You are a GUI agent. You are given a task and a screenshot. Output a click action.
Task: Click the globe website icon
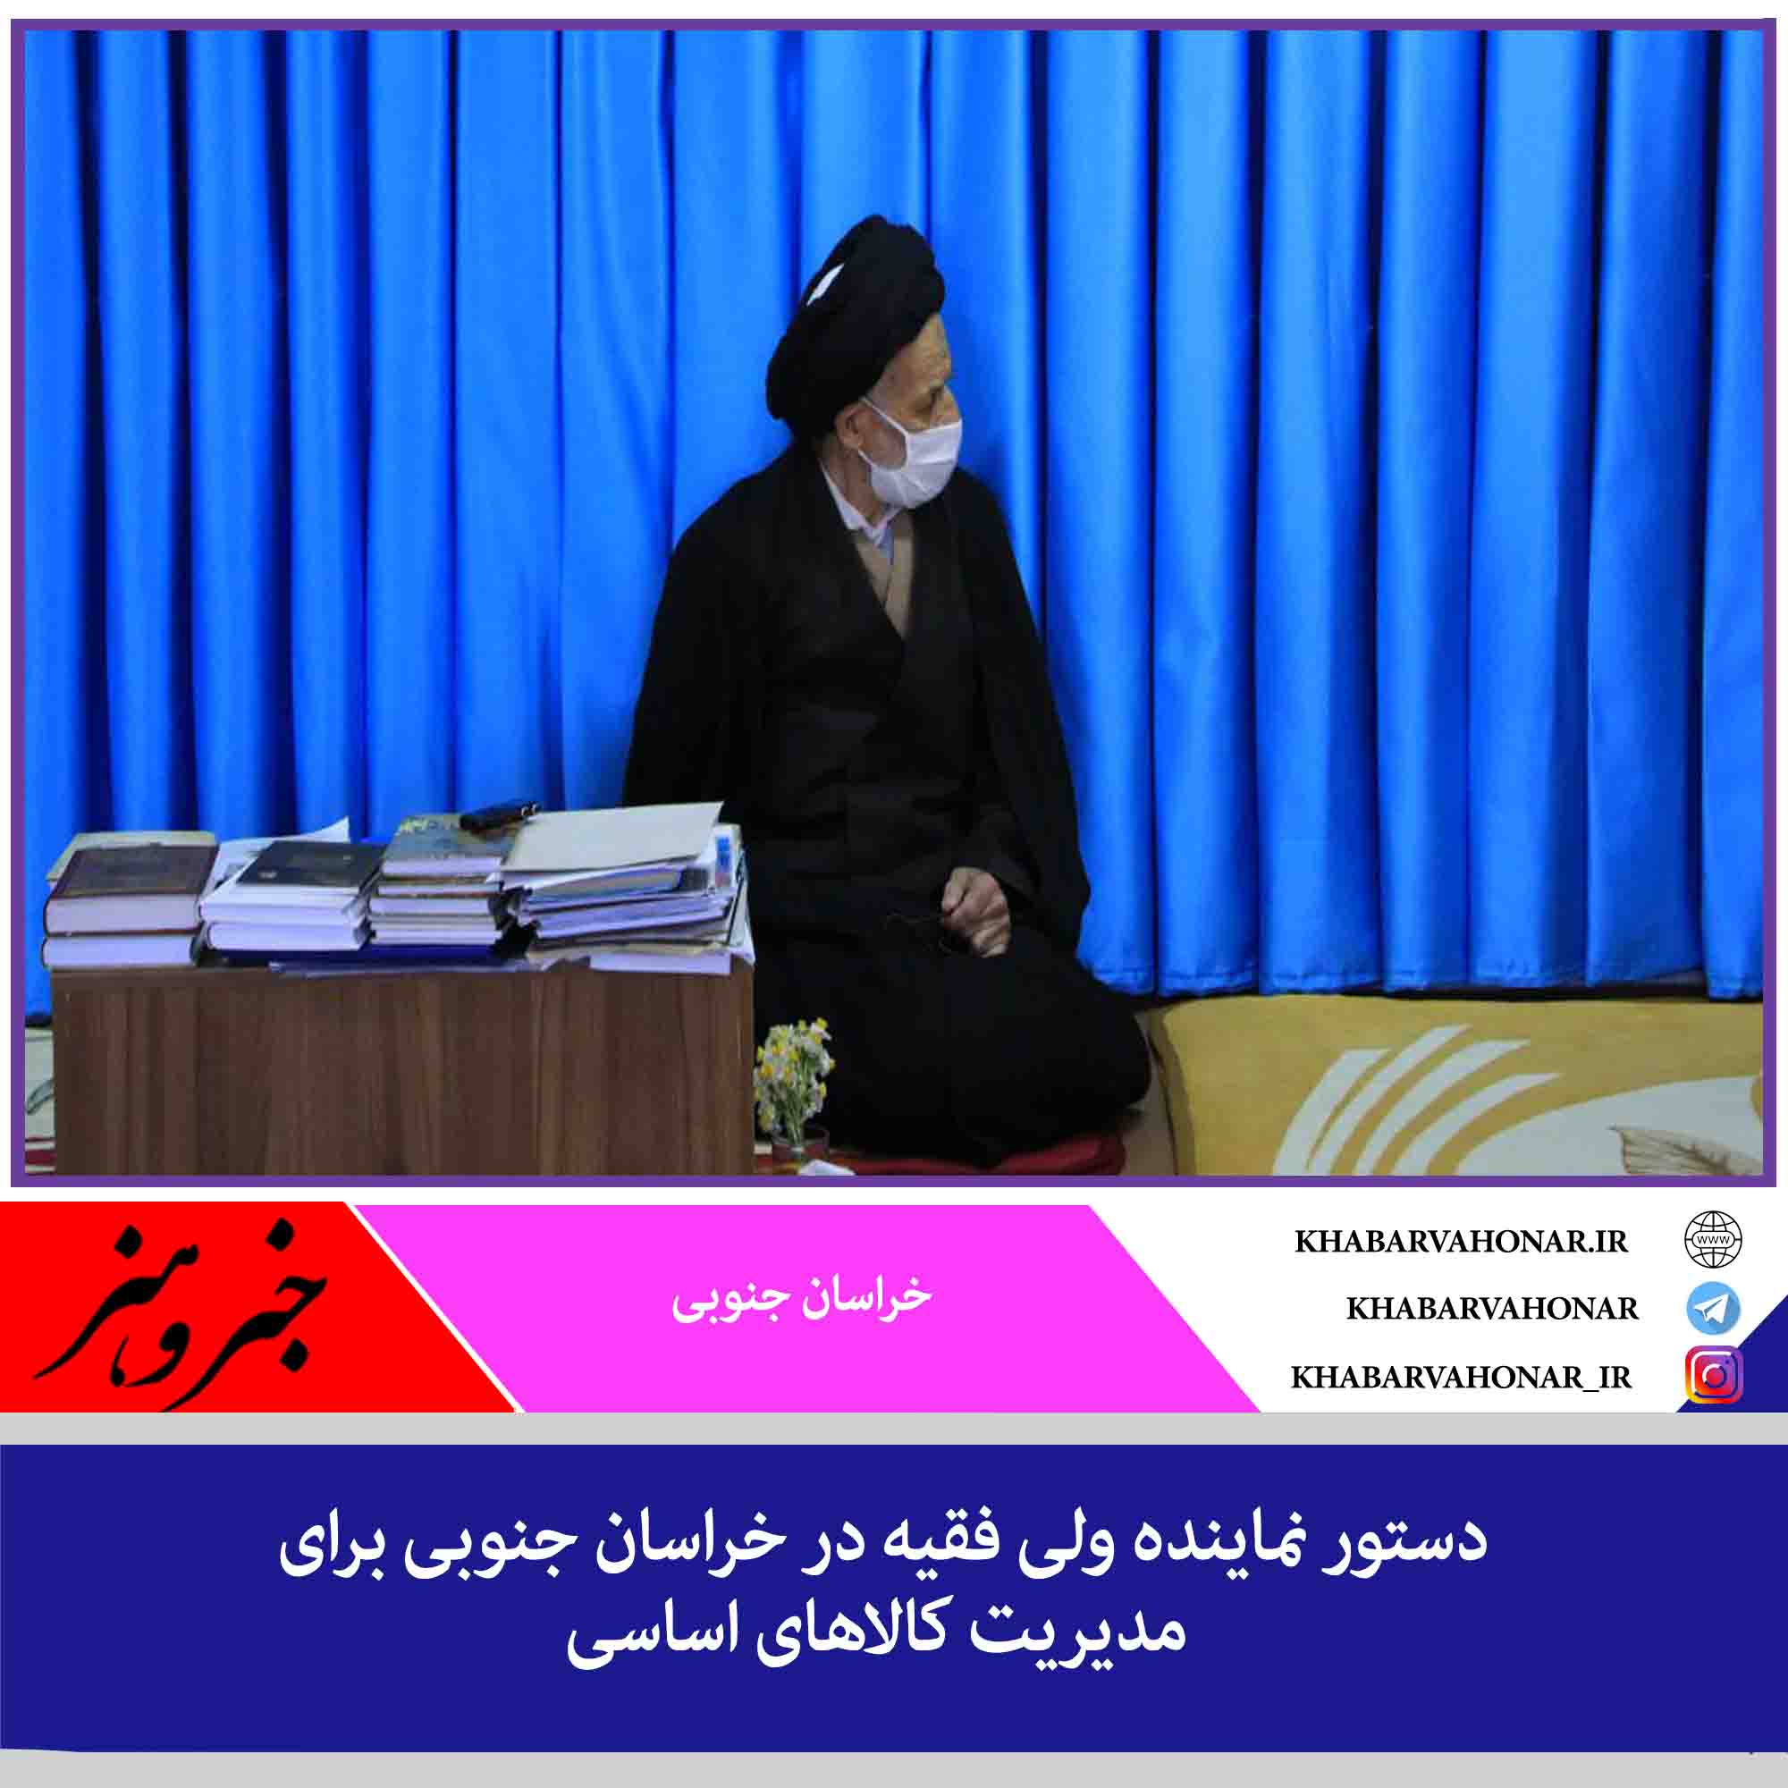[x=1713, y=1240]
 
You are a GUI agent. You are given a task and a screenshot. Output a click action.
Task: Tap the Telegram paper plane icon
[x=1713, y=1309]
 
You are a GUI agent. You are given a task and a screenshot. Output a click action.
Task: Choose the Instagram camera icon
[x=1714, y=1377]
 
